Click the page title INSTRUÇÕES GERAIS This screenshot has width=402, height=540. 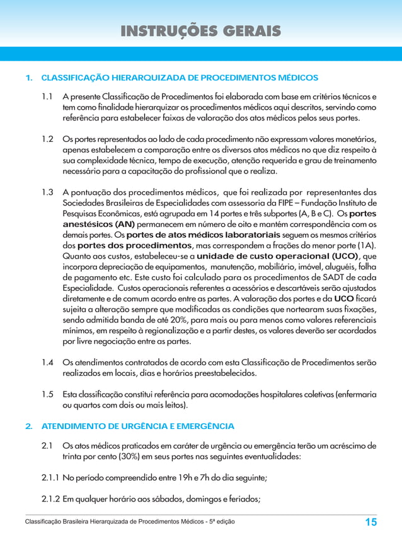click(x=201, y=31)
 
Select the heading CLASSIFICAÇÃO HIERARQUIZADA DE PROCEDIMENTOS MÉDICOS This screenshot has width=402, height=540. click(x=180, y=78)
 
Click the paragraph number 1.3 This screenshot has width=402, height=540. click(x=47, y=192)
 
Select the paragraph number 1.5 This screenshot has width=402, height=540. click(x=47, y=394)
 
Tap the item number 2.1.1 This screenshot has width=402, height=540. click(x=50, y=478)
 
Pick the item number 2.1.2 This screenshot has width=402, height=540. click(x=50, y=501)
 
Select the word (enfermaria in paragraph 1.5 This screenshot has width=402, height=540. click(x=356, y=394)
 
